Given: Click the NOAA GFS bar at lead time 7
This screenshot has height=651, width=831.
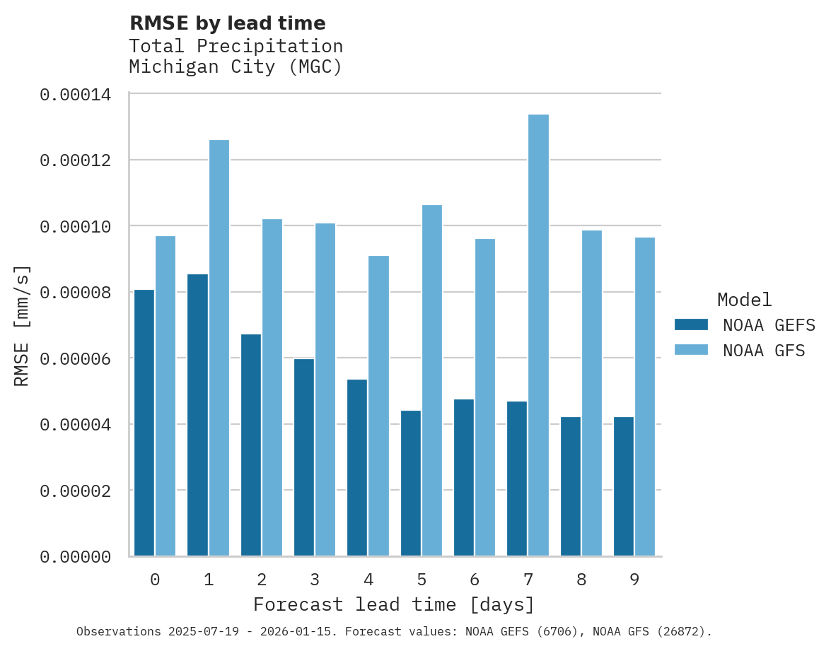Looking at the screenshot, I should coord(538,335).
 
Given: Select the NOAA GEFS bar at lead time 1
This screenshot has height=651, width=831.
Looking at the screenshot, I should coord(198,415).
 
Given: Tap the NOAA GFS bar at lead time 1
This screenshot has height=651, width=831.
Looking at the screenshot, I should coord(219,348).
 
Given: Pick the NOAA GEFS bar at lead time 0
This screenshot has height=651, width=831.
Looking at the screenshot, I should coord(144,423).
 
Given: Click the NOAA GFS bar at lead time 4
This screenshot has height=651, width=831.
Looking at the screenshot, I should coord(378,406).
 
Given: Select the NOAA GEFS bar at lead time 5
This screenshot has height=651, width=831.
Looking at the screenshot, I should coord(411,483).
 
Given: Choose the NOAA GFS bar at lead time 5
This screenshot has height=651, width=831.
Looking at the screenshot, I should coord(432,380).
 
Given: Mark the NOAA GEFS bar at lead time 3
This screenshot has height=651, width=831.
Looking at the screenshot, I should coord(304,457).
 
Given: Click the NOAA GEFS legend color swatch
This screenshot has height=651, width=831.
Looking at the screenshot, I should coord(691,324).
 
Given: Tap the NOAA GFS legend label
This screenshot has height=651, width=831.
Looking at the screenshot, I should coord(764,351).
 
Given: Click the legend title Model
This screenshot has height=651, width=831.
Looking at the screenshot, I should coord(744,300).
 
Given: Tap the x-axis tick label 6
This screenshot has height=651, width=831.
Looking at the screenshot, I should coord(475,580).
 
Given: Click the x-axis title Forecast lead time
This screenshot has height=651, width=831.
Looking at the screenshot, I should coord(394,605).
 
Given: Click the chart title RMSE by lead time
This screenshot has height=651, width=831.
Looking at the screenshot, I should coord(227,23).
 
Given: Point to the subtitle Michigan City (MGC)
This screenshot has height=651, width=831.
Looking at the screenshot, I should coord(236,68).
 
